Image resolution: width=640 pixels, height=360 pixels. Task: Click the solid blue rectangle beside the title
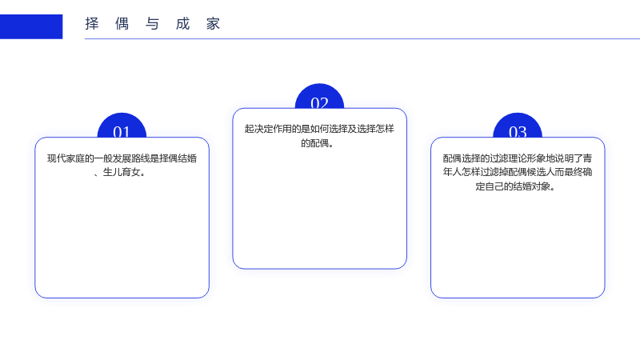click(31, 26)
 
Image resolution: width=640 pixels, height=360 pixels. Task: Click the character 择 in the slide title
click(92, 24)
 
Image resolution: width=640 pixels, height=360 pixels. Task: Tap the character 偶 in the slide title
click(122, 24)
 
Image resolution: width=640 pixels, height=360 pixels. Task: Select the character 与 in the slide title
click(152, 24)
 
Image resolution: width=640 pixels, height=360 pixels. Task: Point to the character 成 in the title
click(183, 24)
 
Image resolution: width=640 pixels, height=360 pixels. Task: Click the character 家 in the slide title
click(213, 24)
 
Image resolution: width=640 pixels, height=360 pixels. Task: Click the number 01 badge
click(122, 126)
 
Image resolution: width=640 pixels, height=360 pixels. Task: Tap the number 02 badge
click(319, 96)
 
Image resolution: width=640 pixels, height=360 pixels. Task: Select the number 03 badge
click(518, 126)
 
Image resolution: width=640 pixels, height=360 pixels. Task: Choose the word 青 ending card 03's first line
click(588, 158)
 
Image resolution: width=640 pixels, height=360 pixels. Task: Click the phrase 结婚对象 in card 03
click(532, 186)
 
